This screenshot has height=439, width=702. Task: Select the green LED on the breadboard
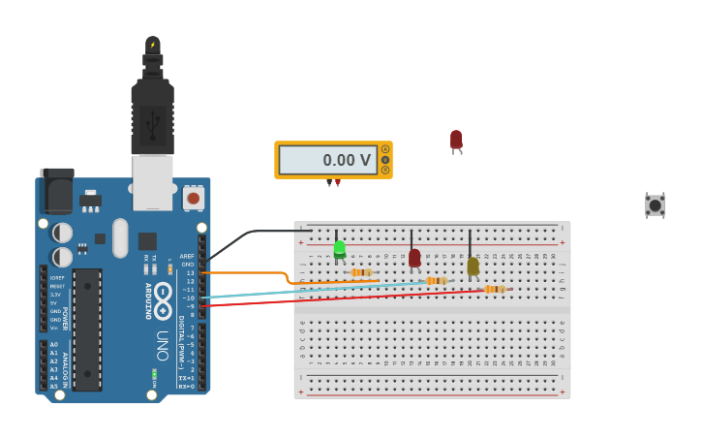(x=340, y=249)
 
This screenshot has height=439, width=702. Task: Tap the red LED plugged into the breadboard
(x=414, y=258)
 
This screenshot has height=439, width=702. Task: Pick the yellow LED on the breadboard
(x=473, y=266)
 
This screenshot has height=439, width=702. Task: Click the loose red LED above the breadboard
(x=456, y=141)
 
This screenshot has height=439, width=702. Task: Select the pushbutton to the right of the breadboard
(x=656, y=204)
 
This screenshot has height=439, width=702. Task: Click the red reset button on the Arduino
(x=194, y=198)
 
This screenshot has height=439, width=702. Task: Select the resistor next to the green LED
(x=361, y=272)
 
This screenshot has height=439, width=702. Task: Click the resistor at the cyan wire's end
(x=437, y=281)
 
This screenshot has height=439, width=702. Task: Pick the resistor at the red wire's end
(x=494, y=289)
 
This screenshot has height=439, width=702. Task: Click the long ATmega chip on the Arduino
(x=87, y=329)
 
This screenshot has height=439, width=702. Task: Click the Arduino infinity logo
(x=163, y=295)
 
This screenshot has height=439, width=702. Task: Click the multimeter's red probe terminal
(x=337, y=182)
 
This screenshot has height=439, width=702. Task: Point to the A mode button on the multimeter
(x=384, y=149)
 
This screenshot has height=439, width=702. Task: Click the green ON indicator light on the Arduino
(x=154, y=373)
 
